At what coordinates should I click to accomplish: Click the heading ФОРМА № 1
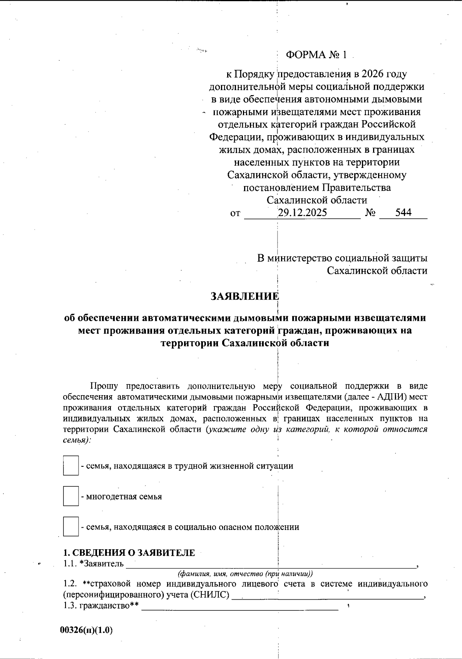316,55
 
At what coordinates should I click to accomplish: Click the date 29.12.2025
302,213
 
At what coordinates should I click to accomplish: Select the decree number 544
403,213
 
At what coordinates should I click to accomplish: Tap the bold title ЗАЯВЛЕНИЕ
244,296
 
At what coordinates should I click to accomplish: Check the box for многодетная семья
70,496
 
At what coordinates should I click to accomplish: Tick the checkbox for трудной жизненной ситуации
70,466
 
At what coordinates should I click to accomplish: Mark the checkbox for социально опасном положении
70,527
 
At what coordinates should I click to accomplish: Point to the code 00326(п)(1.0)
87,630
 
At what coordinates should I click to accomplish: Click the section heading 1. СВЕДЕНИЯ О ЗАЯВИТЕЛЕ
129,553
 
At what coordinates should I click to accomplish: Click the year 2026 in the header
375,74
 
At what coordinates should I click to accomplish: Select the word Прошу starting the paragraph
104,386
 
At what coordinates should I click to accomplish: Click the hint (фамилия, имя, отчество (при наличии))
245,573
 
